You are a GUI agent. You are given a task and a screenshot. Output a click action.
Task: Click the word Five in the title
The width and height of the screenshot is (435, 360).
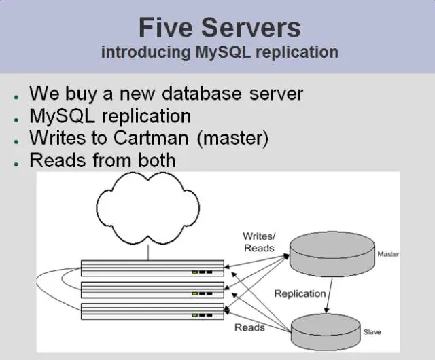(x=166, y=27)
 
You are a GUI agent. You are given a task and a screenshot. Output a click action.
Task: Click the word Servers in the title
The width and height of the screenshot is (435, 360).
(x=251, y=27)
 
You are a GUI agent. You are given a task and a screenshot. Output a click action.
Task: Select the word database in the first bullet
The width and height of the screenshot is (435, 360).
(x=201, y=94)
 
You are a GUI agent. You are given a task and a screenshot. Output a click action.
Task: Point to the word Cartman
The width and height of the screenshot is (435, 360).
(x=151, y=138)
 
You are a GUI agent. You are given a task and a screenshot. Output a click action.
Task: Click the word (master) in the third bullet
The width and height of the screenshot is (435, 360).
(x=232, y=138)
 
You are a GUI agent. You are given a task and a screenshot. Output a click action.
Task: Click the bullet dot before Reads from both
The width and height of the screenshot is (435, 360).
(x=16, y=164)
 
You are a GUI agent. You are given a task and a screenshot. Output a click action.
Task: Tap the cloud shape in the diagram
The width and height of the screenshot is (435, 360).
(x=147, y=209)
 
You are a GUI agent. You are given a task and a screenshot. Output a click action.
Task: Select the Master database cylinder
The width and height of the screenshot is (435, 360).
(x=332, y=254)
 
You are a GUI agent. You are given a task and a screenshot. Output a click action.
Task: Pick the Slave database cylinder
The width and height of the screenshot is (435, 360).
(x=326, y=332)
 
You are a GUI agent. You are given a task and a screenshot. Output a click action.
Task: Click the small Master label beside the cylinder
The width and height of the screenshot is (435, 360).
(x=388, y=254)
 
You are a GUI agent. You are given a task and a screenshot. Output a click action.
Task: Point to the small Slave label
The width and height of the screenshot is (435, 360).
(x=372, y=332)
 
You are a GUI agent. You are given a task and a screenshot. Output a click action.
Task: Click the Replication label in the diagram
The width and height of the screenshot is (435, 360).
(x=300, y=293)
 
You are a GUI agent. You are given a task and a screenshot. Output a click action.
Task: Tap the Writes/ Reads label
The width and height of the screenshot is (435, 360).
(x=259, y=242)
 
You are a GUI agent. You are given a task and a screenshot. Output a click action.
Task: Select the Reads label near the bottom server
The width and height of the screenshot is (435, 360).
(x=249, y=327)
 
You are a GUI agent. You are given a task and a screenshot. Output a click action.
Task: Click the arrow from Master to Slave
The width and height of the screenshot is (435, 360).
(x=329, y=295)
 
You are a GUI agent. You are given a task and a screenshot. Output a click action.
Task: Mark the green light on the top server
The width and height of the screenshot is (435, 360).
(x=195, y=272)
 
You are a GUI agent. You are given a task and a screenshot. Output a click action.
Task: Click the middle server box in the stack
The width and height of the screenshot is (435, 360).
(x=152, y=290)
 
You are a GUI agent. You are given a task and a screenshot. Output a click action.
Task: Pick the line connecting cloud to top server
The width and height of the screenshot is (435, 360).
(x=148, y=253)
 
